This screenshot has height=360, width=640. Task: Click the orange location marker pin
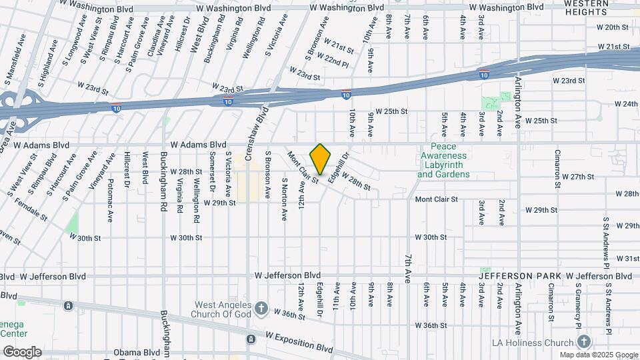pyautogui.click(x=321, y=159)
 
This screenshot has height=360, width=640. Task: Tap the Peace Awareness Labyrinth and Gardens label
pyautogui.click(x=443, y=161)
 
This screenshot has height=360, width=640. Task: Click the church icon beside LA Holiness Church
pyautogui.click(x=585, y=341)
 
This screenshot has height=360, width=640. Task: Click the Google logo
pyautogui.click(x=22, y=351)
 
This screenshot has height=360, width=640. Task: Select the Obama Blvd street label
pyautogui.click(x=131, y=352)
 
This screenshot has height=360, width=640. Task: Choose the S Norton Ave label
pyautogui.click(x=283, y=198)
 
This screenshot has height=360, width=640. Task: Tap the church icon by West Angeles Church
pyautogui.click(x=261, y=309)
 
